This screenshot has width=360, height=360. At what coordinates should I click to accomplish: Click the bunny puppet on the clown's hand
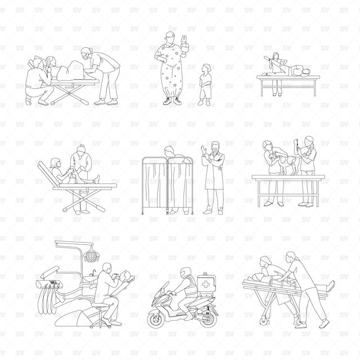tap(184, 44)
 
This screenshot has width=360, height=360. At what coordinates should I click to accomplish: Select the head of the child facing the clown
tap(206, 68)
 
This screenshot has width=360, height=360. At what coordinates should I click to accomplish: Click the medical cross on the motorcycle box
tap(205, 285)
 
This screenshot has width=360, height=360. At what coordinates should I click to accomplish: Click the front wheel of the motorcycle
tap(157, 318)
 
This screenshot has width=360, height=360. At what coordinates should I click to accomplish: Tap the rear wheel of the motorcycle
tap(208, 318)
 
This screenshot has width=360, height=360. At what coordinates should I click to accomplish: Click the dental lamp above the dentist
tap(92, 255)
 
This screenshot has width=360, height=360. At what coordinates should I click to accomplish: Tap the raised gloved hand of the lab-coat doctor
tap(203, 151)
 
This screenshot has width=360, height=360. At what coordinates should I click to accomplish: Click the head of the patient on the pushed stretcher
tap(257, 277)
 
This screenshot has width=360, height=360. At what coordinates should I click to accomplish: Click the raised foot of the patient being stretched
tap(267, 58)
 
